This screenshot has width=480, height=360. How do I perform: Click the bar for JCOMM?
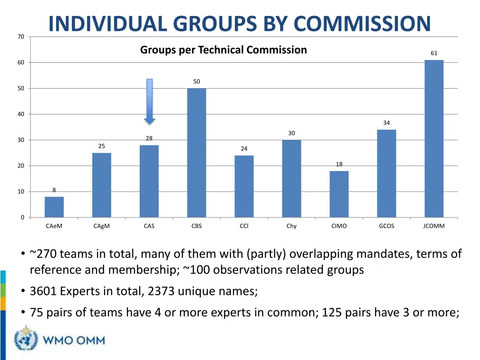click(434, 139)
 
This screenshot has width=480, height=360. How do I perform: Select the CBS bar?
click(196, 153)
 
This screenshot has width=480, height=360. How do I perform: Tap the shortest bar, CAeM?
click(54, 207)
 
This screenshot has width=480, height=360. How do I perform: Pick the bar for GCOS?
click(386, 173)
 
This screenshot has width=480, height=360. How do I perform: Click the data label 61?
click(434, 53)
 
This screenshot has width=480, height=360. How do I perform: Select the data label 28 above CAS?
click(149, 138)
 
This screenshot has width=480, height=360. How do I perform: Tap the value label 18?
click(339, 164)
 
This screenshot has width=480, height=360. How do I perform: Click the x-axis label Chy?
click(292, 226)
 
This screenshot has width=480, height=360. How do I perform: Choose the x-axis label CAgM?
click(101, 226)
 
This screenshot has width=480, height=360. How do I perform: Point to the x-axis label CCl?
click(244, 226)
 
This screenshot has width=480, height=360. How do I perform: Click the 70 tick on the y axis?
click(21, 37)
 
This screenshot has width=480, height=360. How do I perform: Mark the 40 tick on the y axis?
click(21, 114)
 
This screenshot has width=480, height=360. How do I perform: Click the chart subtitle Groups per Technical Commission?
click(224, 50)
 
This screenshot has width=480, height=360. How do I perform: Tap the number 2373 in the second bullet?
click(161, 292)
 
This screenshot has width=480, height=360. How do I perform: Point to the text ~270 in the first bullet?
click(43, 254)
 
